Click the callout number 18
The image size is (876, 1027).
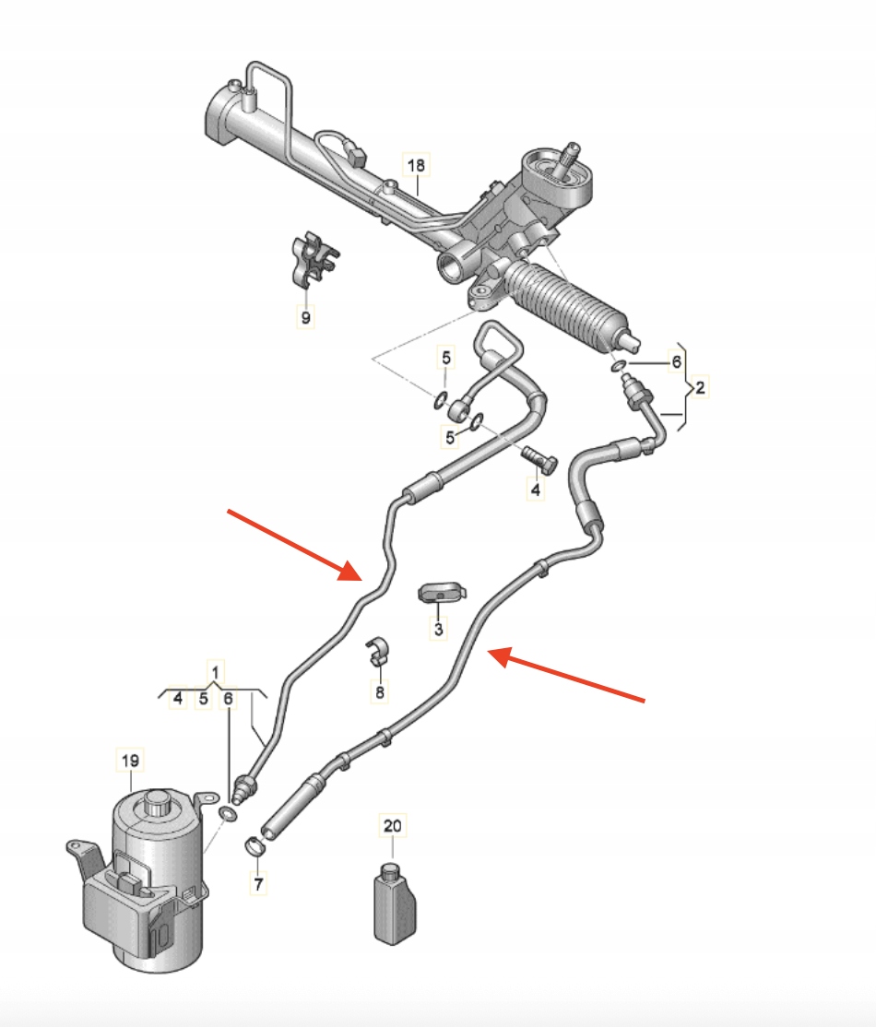[416, 166]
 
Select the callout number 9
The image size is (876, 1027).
[305, 318]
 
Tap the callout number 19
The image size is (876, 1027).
[130, 761]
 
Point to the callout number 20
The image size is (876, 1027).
[393, 826]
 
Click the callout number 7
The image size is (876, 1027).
[258, 884]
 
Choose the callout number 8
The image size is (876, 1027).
[379, 691]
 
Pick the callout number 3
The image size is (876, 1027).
[438, 630]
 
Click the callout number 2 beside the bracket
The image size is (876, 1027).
[700, 388]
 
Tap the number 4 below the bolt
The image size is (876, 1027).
[536, 490]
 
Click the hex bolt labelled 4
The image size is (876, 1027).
[539, 460]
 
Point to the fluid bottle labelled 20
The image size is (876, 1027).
[395, 904]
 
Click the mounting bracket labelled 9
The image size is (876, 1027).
[313, 261]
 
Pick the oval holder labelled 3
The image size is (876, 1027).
[443, 592]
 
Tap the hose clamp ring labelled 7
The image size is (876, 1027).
[255, 846]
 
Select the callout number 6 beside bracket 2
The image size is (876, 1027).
[676, 362]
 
